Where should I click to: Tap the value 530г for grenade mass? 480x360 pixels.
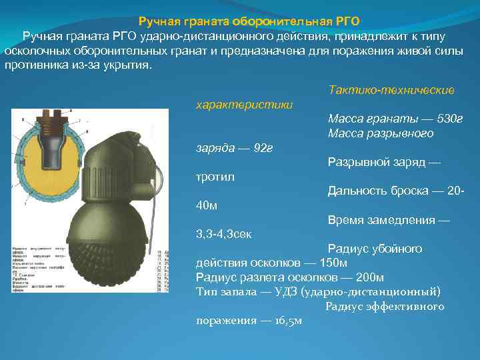coord(444,119)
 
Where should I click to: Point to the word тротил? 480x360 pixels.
coord(215,177)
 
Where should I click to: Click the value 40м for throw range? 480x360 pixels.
coord(207,205)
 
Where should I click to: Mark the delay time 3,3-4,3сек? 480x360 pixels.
coord(223,235)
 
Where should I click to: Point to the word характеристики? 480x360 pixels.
coord(243,105)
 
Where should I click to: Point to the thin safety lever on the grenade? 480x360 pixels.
coord(155,200)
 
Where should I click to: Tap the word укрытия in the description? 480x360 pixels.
coord(126,67)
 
